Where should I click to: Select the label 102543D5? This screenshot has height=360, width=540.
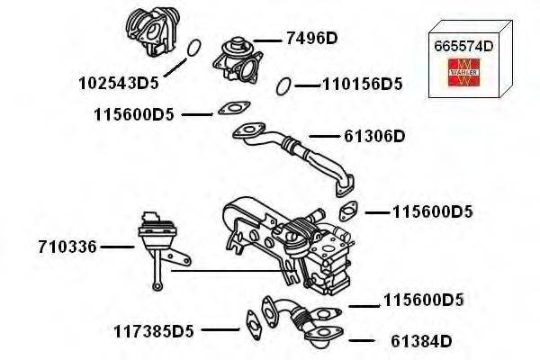coord(119,84)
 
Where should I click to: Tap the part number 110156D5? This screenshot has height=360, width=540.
coord(362,85)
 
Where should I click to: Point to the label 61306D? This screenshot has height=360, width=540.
coord(375,136)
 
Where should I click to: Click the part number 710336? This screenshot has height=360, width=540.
coord(67,246)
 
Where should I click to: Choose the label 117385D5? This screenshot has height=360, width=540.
coord(154,330)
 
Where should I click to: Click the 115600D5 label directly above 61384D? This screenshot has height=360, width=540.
coord(423,300)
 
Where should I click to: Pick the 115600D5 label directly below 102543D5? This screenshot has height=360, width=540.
coord(133,114)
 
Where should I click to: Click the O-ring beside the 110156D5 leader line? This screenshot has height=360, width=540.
coord(283,85)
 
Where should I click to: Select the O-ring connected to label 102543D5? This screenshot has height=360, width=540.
coord(192,48)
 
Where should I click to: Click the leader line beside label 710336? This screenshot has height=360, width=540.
coord(117,246)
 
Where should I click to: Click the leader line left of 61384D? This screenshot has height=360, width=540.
coord(360,341)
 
